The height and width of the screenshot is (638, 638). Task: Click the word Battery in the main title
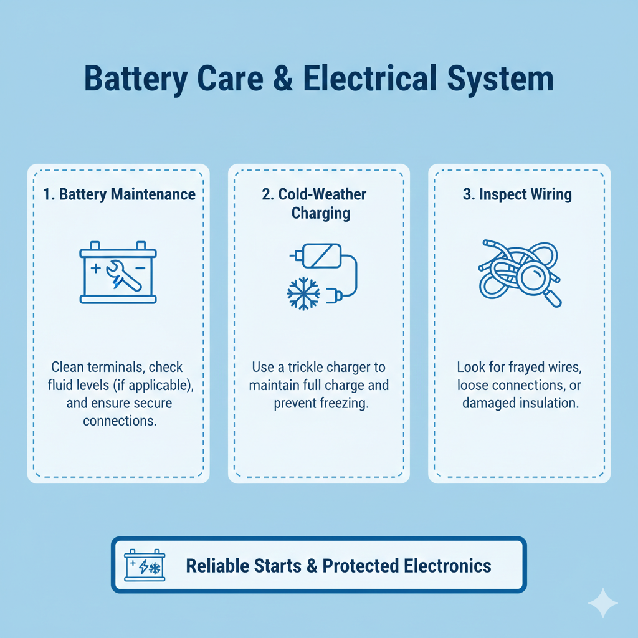(x=135, y=79)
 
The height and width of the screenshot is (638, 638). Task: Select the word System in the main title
(x=500, y=79)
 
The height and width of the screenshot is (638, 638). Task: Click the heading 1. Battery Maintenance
(x=119, y=194)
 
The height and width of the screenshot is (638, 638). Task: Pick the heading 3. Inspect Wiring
(x=517, y=194)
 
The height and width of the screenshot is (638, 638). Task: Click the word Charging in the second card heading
(x=321, y=213)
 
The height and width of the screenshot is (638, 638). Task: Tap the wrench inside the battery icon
(x=124, y=276)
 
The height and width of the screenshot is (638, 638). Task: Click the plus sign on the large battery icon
(x=95, y=268)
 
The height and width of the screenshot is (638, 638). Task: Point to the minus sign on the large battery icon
(x=140, y=268)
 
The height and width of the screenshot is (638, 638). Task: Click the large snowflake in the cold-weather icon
(x=303, y=294)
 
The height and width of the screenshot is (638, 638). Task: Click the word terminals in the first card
(x=115, y=367)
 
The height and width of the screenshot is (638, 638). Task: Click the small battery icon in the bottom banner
(x=145, y=565)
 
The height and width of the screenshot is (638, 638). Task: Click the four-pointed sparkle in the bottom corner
(x=603, y=602)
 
